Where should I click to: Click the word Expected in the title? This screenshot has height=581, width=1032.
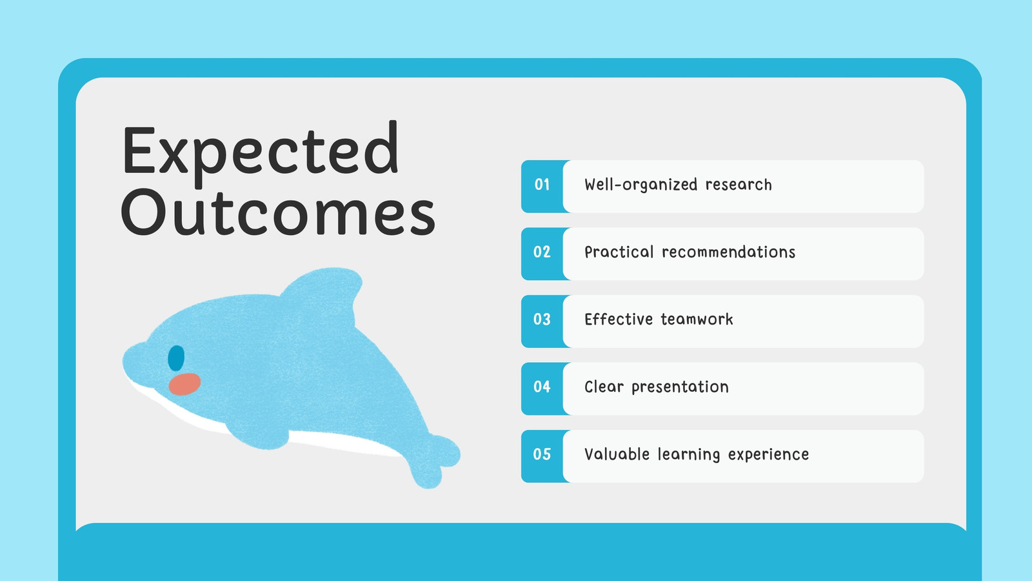[x=261, y=154]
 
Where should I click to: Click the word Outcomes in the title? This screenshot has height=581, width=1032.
[x=278, y=212]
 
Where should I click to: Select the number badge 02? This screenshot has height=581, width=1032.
[x=542, y=252]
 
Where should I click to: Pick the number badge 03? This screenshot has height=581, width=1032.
[x=542, y=320]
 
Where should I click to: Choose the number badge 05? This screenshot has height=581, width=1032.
[x=542, y=454]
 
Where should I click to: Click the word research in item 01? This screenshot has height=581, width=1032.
[x=739, y=185]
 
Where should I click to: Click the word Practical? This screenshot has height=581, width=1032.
[x=619, y=252]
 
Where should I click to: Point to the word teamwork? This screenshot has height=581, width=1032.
[x=697, y=320]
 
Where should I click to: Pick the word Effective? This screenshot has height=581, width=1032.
[x=619, y=320]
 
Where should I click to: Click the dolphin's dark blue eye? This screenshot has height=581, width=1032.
[x=176, y=358]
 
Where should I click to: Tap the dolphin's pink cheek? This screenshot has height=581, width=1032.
[x=184, y=384]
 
